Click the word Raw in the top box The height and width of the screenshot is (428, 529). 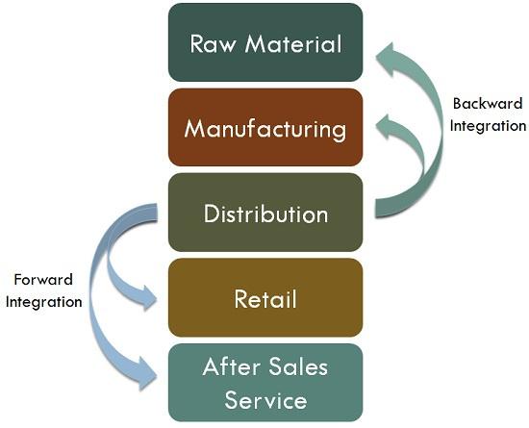pyautogui.click(x=212, y=44)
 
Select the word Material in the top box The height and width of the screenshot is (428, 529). pyautogui.click(x=293, y=44)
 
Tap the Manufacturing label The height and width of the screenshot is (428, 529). pyautogui.click(x=265, y=130)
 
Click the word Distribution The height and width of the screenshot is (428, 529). pyautogui.click(x=265, y=214)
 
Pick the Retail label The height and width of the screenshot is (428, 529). pyautogui.click(x=265, y=299)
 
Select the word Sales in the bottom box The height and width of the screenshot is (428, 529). pyautogui.click(x=299, y=366)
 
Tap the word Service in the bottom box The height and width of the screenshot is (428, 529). pyautogui.click(x=265, y=400)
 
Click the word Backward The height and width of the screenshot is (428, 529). pyautogui.click(x=488, y=103)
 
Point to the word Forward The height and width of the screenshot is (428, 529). pyautogui.click(x=43, y=280)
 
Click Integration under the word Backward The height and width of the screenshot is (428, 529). pyautogui.click(x=488, y=126)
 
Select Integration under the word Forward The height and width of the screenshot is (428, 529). pyautogui.click(x=44, y=302)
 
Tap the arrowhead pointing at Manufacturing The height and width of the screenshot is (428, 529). pyautogui.click(x=387, y=126)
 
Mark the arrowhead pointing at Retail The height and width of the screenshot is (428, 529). pyautogui.click(x=147, y=298)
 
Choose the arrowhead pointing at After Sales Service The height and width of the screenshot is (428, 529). pyautogui.click(x=147, y=374)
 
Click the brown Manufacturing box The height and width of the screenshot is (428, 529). pyautogui.click(x=265, y=127)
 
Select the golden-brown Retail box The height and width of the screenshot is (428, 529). pyautogui.click(x=265, y=297)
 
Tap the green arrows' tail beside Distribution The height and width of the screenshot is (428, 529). pyautogui.click(x=381, y=208)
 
